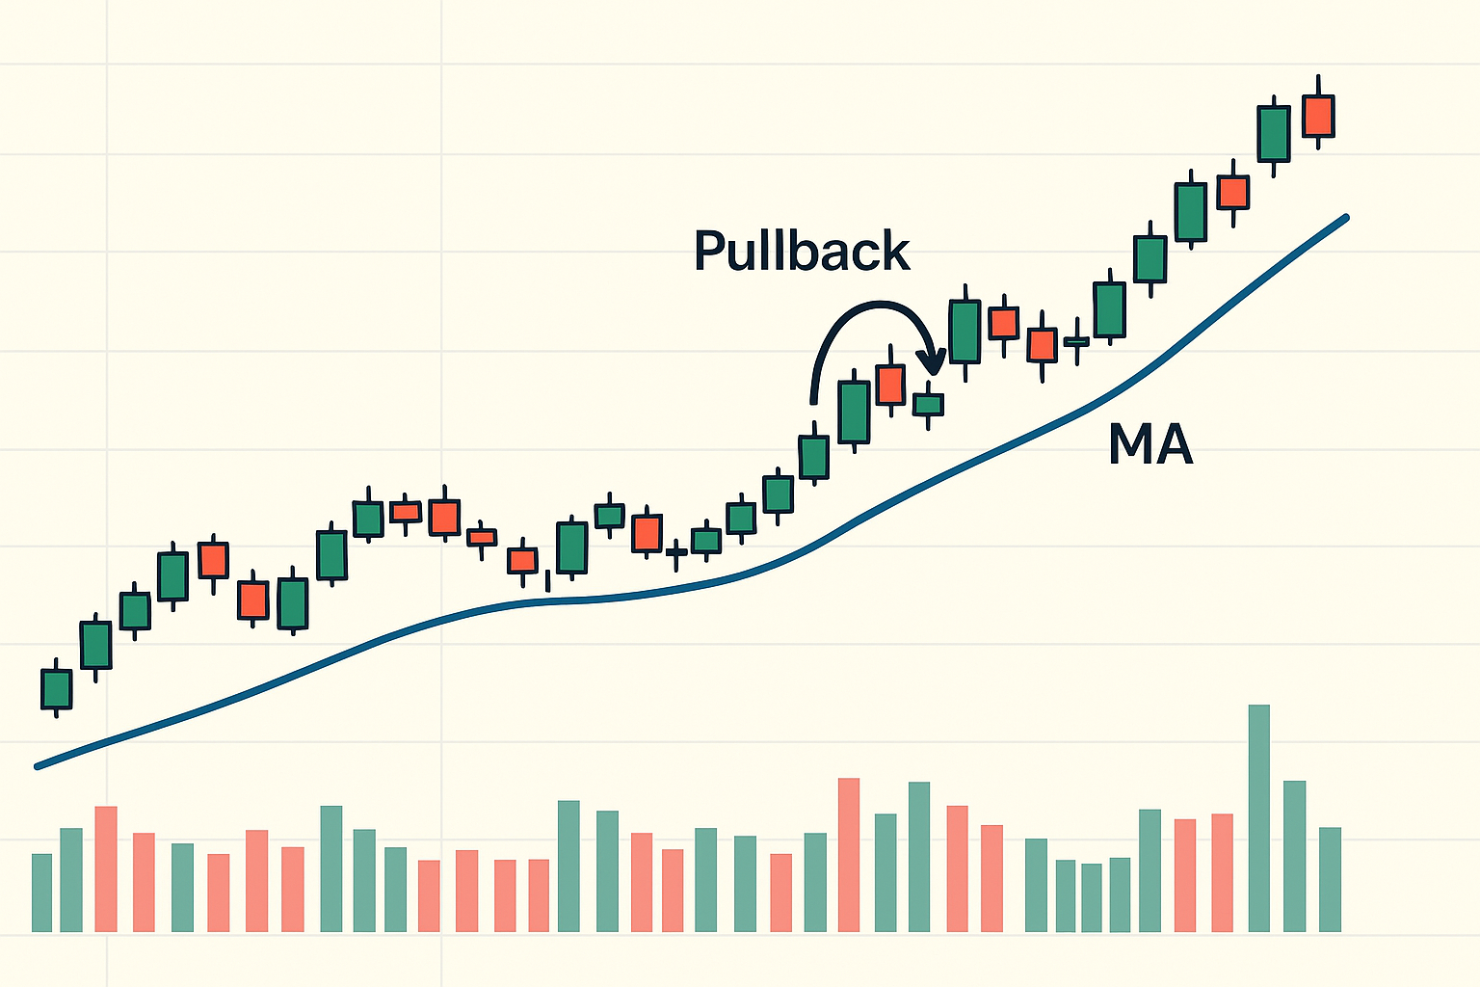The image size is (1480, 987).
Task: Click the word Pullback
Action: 802,253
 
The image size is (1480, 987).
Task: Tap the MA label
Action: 1150,445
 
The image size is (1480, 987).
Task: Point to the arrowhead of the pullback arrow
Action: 932,366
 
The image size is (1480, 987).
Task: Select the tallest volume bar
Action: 1258,818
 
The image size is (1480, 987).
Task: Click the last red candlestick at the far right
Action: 1317,116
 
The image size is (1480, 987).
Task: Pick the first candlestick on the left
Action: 57,689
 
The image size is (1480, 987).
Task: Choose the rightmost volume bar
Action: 1330,879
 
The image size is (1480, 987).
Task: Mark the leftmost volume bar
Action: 41,893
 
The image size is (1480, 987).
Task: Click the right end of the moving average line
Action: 1345,218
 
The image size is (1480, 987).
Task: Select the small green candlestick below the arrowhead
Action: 928,404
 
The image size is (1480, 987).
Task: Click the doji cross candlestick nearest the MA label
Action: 1076,341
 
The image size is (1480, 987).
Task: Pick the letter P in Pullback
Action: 709,253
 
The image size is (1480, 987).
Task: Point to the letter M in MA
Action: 1130,445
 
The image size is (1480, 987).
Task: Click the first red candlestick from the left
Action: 213,560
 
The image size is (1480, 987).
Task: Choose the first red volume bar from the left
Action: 106,868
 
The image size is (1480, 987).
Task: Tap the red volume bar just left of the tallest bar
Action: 1222,872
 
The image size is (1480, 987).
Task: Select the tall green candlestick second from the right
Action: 1273,133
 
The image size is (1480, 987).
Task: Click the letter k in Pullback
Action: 895,253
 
